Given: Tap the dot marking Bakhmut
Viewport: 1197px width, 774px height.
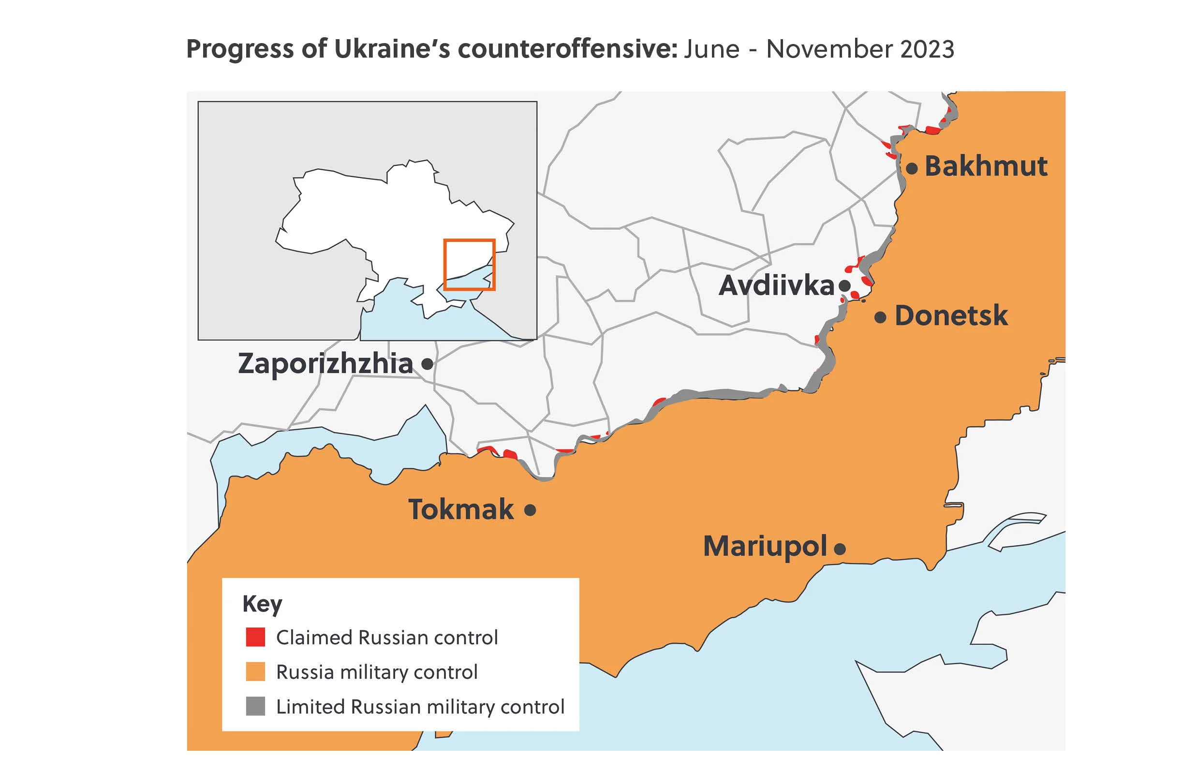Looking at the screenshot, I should tap(912, 168).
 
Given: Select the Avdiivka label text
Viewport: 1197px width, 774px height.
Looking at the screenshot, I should tap(776, 285).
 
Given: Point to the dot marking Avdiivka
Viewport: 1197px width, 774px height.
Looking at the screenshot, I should tap(844, 286).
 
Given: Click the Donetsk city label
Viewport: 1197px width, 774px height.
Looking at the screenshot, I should tap(951, 315).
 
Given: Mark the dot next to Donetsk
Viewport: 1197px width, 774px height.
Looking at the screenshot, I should tap(880, 317).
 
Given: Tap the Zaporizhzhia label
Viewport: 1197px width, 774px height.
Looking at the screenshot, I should tap(325, 363).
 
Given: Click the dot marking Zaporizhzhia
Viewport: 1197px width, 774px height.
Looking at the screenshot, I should tap(427, 364).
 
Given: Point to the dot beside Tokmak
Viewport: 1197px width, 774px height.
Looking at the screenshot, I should tap(530, 510).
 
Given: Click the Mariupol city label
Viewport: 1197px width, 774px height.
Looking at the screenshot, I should tap(764, 546).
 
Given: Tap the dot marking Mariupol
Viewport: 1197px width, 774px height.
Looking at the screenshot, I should tap(840, 549).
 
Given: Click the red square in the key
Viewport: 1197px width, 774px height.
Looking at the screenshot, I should tap(255, 637).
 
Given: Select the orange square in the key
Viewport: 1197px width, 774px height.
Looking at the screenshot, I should tap(255, 671).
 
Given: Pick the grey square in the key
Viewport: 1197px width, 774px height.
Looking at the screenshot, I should tap(255, 706).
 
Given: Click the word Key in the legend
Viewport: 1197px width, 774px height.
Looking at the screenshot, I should tap(262, 604).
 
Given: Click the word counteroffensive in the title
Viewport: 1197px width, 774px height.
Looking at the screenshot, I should tap(567, 49).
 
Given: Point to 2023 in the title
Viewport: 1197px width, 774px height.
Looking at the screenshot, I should tap(927, 49).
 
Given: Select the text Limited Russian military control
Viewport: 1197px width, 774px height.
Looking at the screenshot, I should tap(420, 707).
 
